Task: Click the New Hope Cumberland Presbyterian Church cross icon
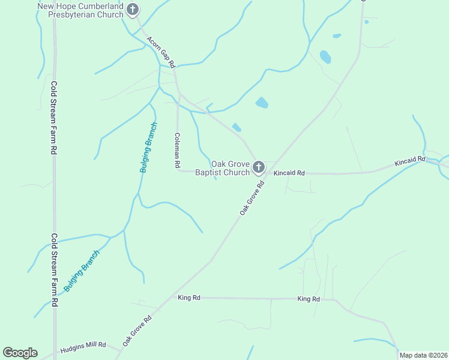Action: [x=133, y=10]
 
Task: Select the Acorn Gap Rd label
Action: [x=161, y=52]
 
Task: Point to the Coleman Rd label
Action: [x=177, y=150]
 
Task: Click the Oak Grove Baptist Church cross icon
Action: [x=259, y=167]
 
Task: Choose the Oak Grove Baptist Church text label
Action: [x=223, y=168]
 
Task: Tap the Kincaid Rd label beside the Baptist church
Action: [x=289, y=173]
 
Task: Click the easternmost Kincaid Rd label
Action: [x=410, y=161]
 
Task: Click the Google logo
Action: [x=20, y=353]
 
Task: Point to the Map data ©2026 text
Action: [x=423, y=355]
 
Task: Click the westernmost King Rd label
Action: [x=188, y=297]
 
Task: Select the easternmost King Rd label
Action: [x=309, y=299]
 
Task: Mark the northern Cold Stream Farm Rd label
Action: [x=53, y=119]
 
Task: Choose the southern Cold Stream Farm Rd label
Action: [x=54, y=271]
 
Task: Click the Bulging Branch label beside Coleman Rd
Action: [x=148, y=148]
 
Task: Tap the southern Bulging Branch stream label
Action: [x=81, y=271]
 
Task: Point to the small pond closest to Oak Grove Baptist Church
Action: [x=237, y=127]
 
